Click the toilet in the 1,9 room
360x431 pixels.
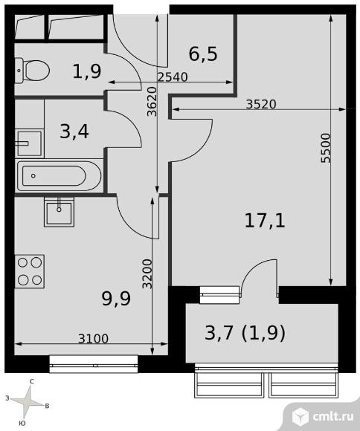pyautogui.click(x=33, y=71)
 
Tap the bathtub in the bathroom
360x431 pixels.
pyautogui.click(x=60, y=176)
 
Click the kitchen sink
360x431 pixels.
pyautogui.click(x=59, y=211)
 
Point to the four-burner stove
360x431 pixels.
pyautogui.click(x=30, y=270)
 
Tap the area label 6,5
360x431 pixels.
pyautogui.click(x=202, y=54)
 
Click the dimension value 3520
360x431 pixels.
pyautogui.click(x=261, y=104)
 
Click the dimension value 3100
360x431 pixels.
pyautogui.click(x=93, y=339)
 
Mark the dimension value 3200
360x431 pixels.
pyautogui.click(x=148, y=274)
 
